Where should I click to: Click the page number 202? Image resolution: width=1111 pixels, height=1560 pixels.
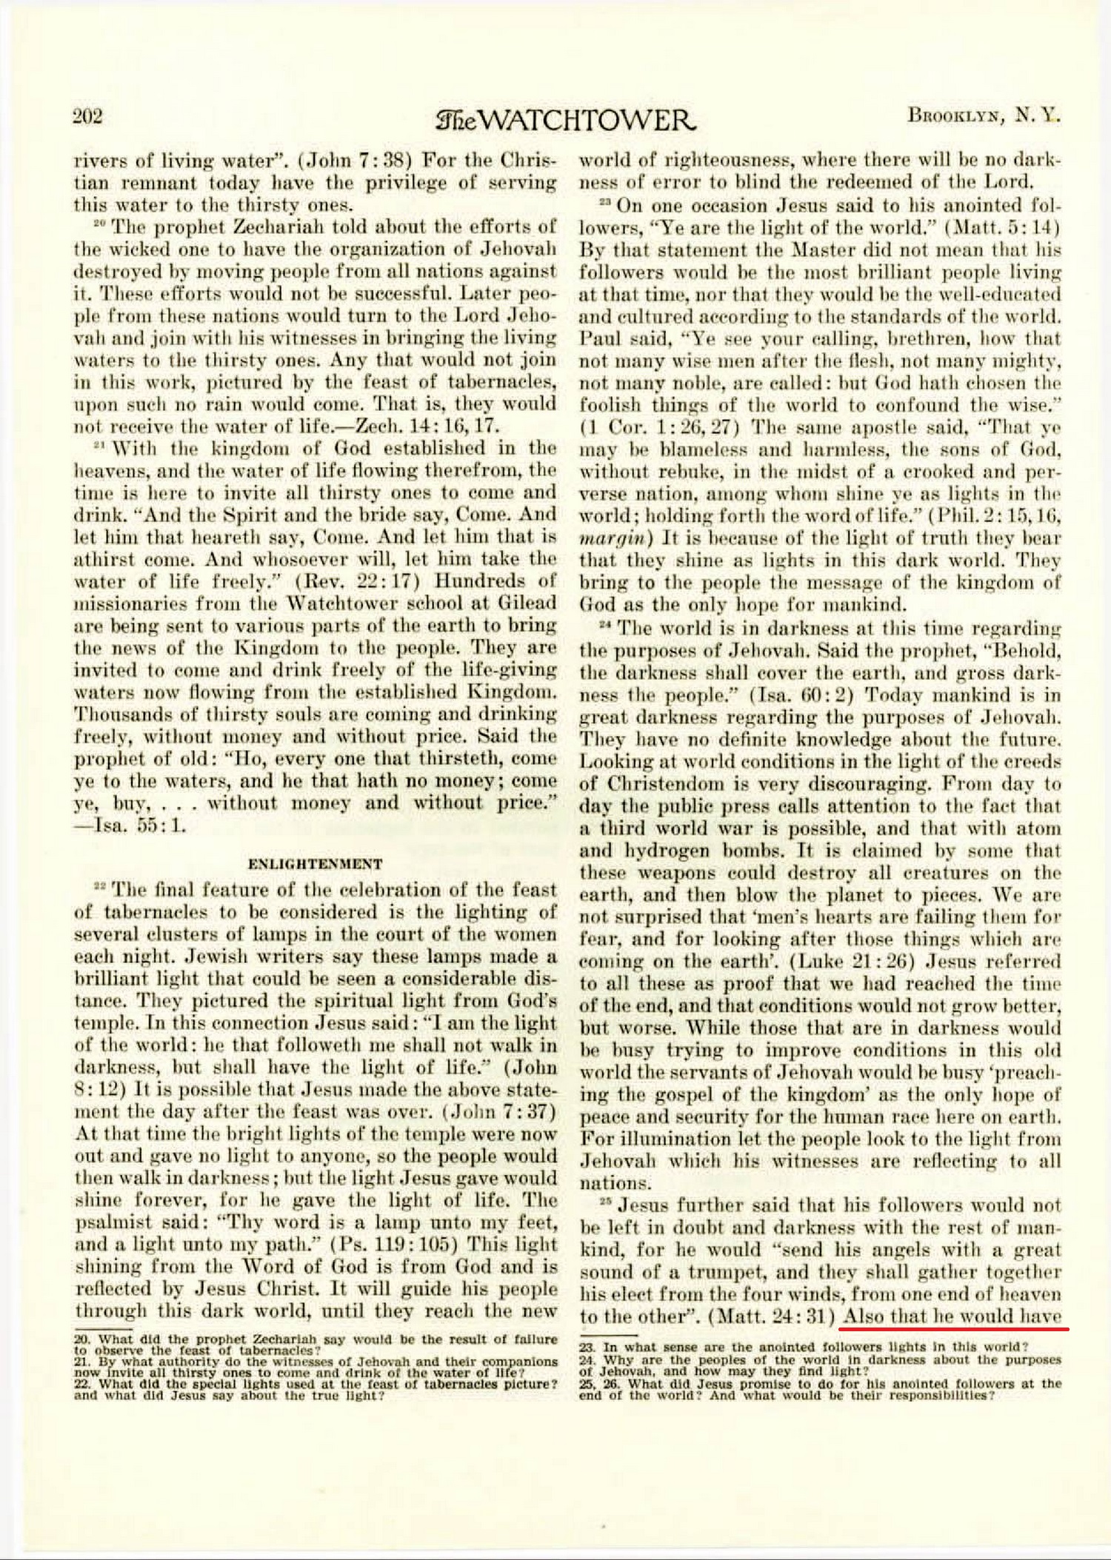tap(87, 116)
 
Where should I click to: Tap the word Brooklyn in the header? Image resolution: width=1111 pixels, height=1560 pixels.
tap(955, 116)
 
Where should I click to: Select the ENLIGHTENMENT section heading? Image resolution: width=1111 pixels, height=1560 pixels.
tap(316, 863)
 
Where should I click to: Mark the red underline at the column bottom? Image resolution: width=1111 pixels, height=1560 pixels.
tap(955, 1328)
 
